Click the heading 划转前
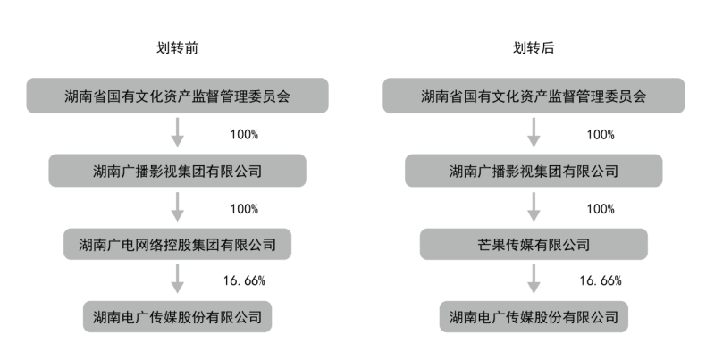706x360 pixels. pos(177,47)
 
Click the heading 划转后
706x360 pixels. pos(534,47)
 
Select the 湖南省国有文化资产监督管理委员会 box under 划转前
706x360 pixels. pos(178,96)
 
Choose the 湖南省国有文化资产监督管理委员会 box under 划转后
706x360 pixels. pos(534,96)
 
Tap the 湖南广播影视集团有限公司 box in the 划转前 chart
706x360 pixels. pos(178,171)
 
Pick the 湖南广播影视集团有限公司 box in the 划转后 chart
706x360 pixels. pos(534,171)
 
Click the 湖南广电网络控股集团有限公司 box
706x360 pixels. pos(178,245)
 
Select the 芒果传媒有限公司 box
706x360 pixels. pos(534,245)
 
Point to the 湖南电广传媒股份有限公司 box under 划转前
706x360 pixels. pos(178,317)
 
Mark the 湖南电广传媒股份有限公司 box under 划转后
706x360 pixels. pos(534,317)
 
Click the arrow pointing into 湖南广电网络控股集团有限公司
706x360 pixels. pos(178,206)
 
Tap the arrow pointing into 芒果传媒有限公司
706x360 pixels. pos(534,206)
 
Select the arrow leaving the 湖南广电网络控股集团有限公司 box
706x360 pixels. pos(178,279)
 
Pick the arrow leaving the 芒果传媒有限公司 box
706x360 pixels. pos(534,279)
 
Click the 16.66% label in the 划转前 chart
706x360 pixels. pos(244,280)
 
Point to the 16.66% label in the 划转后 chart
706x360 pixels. pos(601,280)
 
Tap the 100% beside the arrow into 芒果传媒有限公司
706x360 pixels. pos(601,209)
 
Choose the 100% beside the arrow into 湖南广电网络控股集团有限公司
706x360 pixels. pos(244,209)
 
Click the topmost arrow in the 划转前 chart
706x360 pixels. pos(178,132)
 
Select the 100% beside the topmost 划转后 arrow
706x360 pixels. pos(601,135)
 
